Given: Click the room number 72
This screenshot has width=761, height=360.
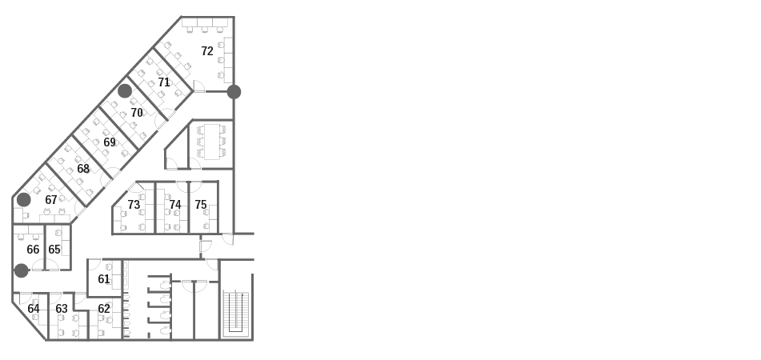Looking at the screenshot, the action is point(207,51).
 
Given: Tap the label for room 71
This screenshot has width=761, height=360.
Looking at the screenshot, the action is point(164,82).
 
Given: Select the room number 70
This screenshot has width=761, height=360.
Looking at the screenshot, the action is point(137,113).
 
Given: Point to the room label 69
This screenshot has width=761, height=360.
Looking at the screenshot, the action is point(110,142).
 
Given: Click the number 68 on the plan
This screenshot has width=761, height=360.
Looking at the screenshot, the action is point(83,168).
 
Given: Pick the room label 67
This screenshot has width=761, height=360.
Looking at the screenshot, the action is point(51,199).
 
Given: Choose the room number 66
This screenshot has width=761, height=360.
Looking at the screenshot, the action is point(33,250).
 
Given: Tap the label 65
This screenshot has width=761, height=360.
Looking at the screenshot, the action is point(54,250).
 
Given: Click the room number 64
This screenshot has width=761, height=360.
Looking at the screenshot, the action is point(34,309).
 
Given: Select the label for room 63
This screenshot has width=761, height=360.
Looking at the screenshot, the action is point(62,309).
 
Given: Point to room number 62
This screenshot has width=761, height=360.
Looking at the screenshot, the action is point(104,309).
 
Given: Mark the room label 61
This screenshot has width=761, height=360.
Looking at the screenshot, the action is point(104,279).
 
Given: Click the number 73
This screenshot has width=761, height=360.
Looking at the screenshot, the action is point(134,205).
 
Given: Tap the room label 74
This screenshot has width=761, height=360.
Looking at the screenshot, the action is point(175,205).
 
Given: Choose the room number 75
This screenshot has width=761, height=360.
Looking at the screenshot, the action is point(201,205).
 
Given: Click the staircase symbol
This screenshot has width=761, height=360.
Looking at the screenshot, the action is point(236,313).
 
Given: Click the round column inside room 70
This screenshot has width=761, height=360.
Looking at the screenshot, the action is point(125,90).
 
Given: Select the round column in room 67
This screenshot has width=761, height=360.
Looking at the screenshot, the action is point(24,199).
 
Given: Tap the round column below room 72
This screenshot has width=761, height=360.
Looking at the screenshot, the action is point(234,92).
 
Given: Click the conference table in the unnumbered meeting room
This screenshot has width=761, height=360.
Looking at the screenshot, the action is point(212,142).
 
